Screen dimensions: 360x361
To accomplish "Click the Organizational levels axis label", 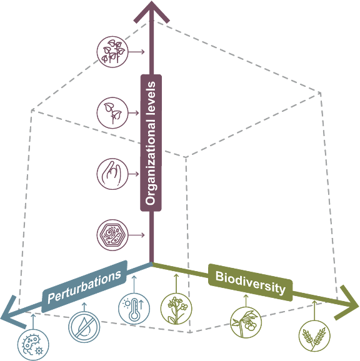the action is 151,143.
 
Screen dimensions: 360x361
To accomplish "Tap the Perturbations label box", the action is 84,286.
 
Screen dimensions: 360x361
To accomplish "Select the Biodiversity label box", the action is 251,282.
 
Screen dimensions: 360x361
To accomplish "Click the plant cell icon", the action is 112,235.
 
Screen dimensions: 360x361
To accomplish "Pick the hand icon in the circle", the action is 112,174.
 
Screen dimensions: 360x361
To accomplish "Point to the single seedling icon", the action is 112,113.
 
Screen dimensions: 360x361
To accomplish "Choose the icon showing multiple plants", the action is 112,52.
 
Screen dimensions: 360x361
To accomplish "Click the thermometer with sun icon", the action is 134,309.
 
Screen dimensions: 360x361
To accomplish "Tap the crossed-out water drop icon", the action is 84,327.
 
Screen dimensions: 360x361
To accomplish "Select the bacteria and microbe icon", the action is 33,345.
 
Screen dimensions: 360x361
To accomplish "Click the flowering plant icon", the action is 176,309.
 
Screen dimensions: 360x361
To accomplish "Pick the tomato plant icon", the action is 246,322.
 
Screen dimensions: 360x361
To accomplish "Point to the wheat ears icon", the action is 314,336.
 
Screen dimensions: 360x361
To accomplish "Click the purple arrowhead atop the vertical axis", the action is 151,11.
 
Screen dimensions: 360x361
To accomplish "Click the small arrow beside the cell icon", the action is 136,235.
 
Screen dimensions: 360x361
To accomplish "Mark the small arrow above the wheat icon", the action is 314,310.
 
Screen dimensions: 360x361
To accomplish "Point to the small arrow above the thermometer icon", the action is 134,284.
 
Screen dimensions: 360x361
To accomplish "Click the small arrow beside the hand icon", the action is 134,174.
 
